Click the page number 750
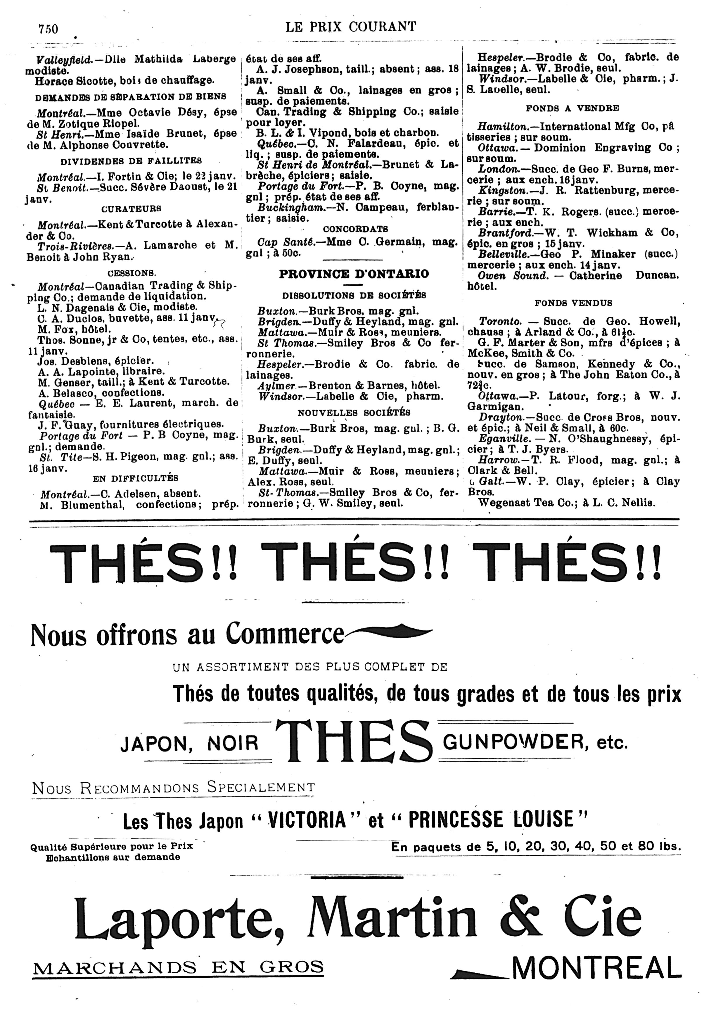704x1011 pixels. [x=48, y=29]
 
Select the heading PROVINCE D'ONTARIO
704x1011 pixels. [x=354, y=274]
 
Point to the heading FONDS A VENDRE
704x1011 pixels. [x=572, y=108]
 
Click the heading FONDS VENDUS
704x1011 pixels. [x=573, y=303]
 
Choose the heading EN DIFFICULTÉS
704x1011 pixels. [x=136, y=478]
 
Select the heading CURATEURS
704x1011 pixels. [x=131, y=208]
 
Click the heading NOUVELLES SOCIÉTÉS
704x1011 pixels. [x=354, y=413]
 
